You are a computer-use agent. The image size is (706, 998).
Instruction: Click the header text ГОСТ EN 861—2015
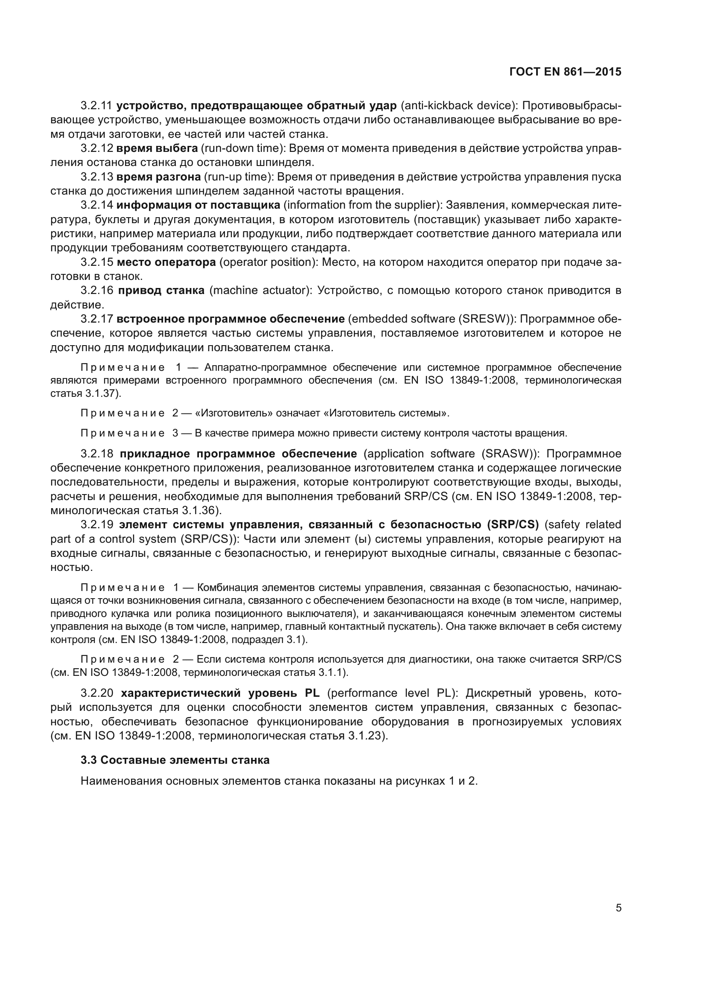click(565, 72)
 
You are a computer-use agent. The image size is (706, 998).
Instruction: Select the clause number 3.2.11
click(96, 106)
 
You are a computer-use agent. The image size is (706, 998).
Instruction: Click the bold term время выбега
click(157, 148)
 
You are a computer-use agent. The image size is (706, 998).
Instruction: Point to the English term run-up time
click(238, 177)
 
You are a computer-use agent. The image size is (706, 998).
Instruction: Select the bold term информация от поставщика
click(198, 205)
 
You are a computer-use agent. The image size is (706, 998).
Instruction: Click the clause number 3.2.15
click(96, 262)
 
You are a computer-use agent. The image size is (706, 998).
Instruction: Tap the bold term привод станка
click(161, 291)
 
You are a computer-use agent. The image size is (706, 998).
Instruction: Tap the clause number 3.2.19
click(96, 525)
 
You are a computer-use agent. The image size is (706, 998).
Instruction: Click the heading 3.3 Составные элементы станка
click(175, 760)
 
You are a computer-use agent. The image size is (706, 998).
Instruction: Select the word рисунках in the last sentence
click(420, 781)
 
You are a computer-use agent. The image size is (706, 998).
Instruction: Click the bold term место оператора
click(166, 262)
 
